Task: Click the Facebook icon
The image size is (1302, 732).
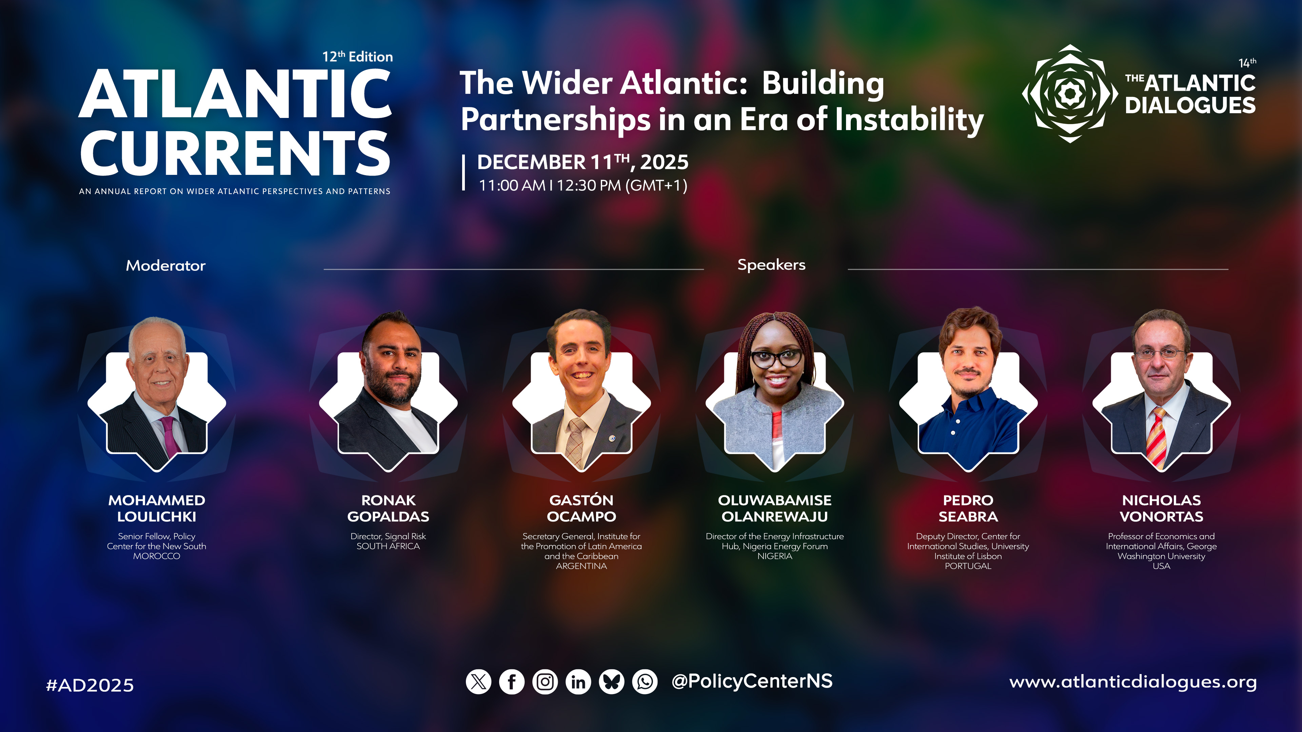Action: coord(512,682)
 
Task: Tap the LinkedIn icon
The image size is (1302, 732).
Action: coord(578,682)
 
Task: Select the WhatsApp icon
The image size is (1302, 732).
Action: coord(645,682)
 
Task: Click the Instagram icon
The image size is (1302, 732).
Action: coord(545,682)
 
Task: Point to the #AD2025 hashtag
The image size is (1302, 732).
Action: coord(90,685)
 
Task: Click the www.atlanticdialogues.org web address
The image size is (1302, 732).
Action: coord(1133,682)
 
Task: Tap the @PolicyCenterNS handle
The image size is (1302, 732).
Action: coord(752,681)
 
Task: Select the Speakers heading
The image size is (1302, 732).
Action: coord(771,265)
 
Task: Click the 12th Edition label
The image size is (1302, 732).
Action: coord(358,57)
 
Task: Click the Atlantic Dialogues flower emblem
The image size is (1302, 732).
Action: coord(1070,94)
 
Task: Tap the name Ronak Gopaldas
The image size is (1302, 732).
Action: coord(388,508)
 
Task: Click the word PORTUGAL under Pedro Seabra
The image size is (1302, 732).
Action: coord(968,566)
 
